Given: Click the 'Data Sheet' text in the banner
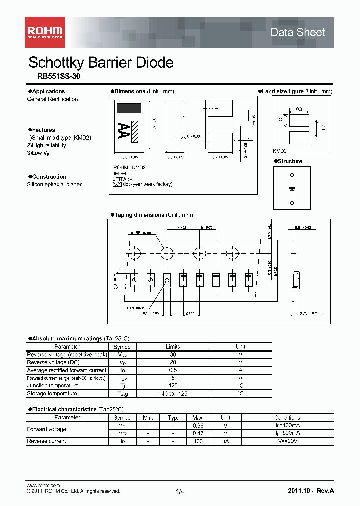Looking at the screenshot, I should coord(297,33).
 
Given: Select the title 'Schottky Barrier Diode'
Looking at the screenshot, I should coord(101,63).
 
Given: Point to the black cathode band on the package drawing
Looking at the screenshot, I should coord(129,108).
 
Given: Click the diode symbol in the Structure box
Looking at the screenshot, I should coord(292,189).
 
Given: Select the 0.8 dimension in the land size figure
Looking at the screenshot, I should coord(299,109).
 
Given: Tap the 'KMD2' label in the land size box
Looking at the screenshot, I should coord(280,151).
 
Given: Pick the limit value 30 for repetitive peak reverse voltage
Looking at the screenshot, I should coord(173,355).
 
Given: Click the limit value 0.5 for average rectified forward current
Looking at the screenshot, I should coord(173,370).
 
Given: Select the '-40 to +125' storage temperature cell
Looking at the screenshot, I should coord(173,394).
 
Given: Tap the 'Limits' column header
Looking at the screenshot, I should coord(173,347).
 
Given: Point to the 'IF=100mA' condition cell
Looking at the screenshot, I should coord(287,425).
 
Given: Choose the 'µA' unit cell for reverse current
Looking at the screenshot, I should coord(226,441).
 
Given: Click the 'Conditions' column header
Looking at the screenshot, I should coord(287,418).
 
